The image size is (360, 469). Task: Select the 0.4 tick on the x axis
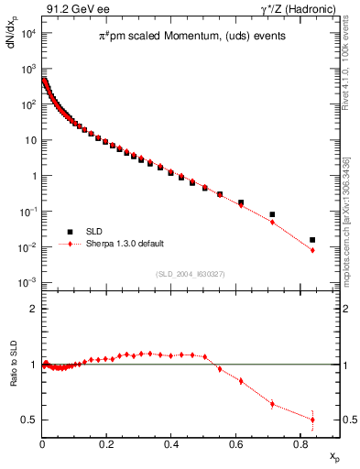[170, 445]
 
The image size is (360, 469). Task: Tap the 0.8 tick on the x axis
[300, 445]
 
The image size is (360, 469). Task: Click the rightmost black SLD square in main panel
[312, 240]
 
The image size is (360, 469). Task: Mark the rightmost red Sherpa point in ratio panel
[312, 420]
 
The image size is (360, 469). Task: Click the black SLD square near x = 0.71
[272, 214]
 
